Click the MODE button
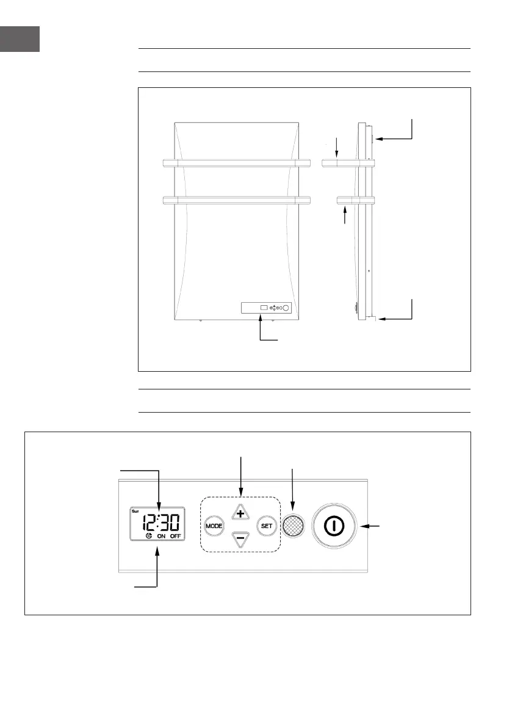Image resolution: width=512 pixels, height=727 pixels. (214, 525)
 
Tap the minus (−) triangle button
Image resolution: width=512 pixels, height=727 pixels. (240, 538)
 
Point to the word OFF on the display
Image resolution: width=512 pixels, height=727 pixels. (176, 536)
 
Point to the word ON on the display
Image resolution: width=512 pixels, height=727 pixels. (161, 536)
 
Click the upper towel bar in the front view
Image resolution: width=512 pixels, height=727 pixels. (237, 163)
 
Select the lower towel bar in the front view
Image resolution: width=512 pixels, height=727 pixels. (237, 200)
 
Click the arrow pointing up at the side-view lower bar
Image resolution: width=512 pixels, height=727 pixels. (345, 216)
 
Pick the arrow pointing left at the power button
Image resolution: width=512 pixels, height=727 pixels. (372, 526)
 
